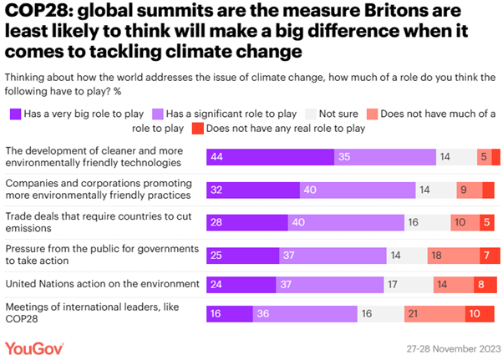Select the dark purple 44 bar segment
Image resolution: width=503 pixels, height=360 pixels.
coord(270,157)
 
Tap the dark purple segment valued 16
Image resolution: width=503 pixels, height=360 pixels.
coord(230,315)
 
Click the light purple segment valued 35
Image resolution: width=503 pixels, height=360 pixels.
coord(384,157)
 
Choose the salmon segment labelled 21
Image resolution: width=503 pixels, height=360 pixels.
coord(434,315)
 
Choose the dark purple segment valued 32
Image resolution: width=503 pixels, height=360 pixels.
coord(253,189)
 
